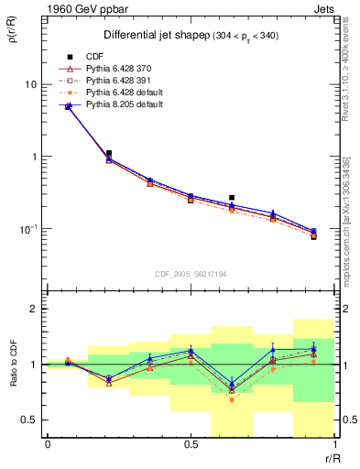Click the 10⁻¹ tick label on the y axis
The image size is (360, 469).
pyautogui.click(x=25, y=227)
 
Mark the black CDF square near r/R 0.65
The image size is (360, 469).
pyautogui.click(x=232, y=198)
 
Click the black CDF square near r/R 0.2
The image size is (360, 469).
pyautogui.click(x=109, y=154)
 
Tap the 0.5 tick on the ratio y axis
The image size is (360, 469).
pyautogui.click(x=27, y=420)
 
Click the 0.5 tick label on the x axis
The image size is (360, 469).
pyautogui.click(x=191, y=444)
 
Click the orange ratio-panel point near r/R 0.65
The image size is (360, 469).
pyautogui.click(x=232, y=399)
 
